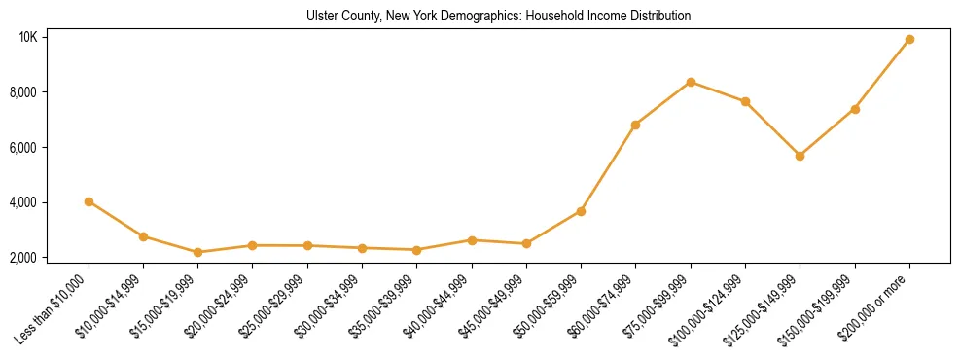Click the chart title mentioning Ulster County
(498, 16)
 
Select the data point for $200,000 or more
(909, 40)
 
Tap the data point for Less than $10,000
(89, 201)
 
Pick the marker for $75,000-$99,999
(691, 82)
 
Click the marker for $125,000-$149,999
(800, 156)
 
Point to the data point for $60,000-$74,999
(635, 125)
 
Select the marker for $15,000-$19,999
(197, 252)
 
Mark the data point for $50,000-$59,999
(581, 211)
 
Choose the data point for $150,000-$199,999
(855, 109)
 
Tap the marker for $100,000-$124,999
(745, 101)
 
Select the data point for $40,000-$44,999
(472, 239)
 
